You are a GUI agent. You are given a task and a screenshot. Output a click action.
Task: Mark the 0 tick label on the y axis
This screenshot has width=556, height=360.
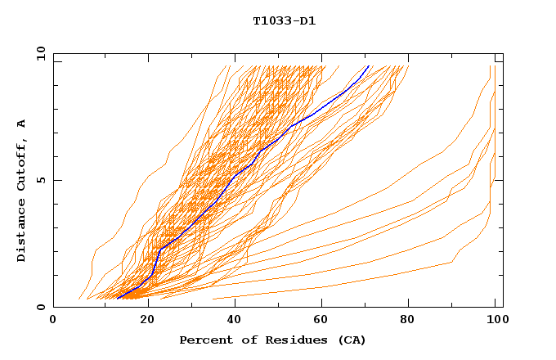[x=41, y=307]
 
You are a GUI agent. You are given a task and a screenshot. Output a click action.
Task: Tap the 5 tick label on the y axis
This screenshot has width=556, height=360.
[x=41, y=180]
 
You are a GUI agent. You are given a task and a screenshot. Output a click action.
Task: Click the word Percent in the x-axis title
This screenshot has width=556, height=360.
[x=202, y=340]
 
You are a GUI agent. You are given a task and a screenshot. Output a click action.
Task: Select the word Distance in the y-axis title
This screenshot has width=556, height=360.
[x=21, y=232]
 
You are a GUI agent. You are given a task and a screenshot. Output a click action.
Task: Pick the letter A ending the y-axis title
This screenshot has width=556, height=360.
[x=21, y=123]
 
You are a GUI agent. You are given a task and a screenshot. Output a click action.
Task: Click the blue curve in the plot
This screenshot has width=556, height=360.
[x=235, y=175]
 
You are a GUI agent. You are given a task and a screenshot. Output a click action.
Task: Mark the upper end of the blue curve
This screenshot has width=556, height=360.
[x=369, y=66]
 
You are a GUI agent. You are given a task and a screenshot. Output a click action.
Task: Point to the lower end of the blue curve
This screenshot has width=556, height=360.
[x=118, y=297]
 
